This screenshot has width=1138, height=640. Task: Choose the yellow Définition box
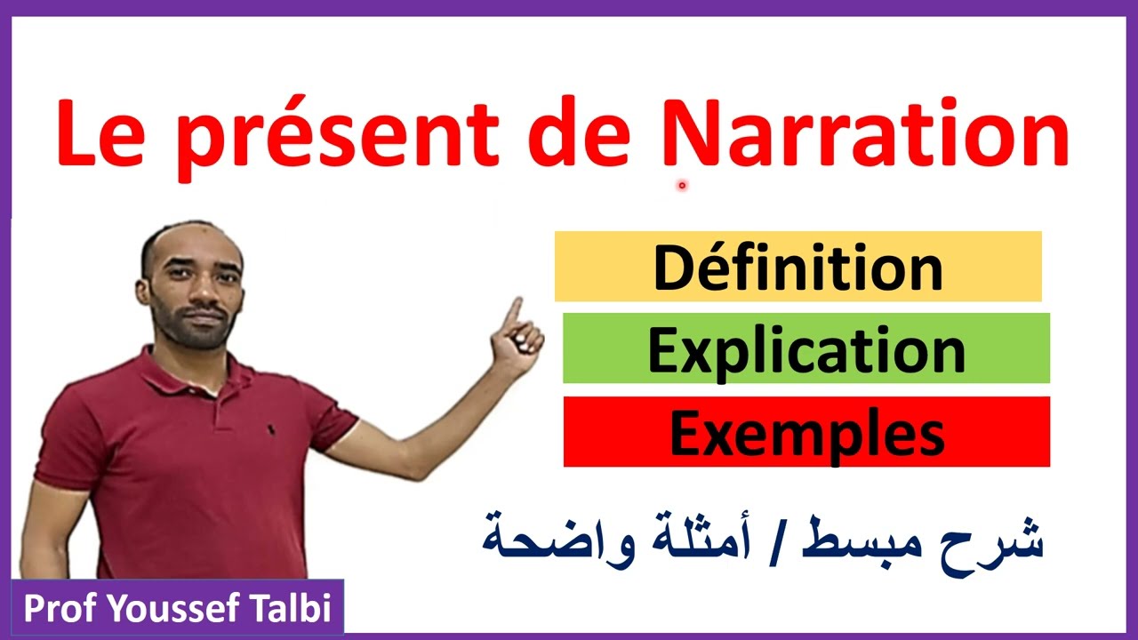[797, 267]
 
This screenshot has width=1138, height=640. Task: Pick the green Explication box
[805, 348]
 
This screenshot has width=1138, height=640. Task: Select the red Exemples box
[806, 432]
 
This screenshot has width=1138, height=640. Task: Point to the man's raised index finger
[513, 310]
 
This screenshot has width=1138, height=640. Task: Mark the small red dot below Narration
[682, 186]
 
